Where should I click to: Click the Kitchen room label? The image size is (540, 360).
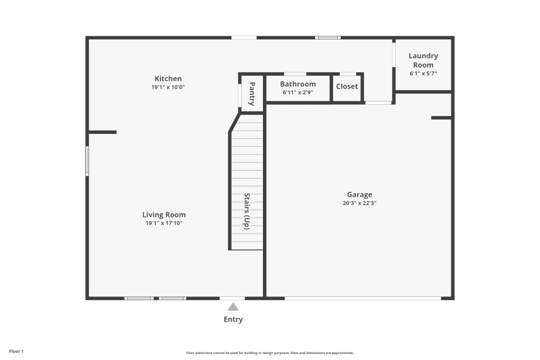168,79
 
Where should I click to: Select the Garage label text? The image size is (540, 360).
359,195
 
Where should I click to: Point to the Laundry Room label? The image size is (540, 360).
423,60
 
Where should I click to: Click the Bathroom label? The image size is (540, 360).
298,84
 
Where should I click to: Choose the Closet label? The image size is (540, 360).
347,86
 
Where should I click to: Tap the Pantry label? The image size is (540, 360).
252,93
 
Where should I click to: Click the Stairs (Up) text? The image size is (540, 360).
247,212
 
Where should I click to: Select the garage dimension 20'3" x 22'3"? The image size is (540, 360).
359,203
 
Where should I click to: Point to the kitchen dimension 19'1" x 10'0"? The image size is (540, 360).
168,87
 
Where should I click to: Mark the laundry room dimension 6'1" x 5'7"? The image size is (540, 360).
423,73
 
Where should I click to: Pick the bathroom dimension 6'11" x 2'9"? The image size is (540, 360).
298,92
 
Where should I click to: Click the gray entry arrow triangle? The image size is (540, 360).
233,307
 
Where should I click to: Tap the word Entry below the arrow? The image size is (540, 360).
233,320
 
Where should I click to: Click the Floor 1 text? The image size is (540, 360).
16,351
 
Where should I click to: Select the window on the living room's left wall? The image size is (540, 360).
87,161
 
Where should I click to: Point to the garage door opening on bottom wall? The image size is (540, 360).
362,298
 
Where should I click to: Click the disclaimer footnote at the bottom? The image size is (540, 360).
270,352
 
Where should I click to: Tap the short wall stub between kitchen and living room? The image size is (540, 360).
103,132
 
